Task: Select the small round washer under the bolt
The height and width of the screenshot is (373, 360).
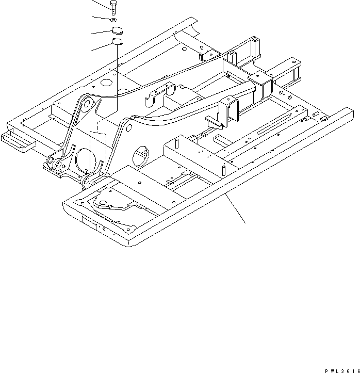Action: point(113,20)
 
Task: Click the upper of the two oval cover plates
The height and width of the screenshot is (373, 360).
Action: point(117,30)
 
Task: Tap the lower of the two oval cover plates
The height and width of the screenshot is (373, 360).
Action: point(117,42)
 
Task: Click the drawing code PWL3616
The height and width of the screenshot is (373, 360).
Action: point(342,369)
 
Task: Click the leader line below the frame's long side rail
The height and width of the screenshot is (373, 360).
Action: point(237,208)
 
